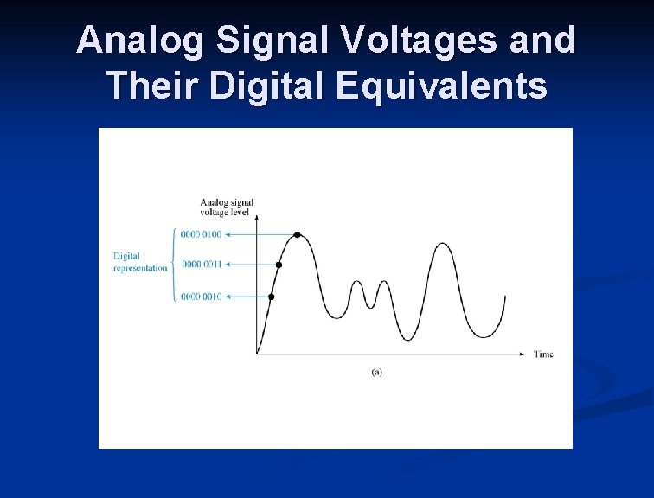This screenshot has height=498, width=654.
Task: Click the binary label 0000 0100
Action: (x=202, y=234)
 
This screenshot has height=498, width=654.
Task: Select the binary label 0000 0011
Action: (x=202, y=265)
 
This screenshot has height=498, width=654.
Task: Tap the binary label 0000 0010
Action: (x=202, y=297)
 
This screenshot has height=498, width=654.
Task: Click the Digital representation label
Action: (x=139, y=262)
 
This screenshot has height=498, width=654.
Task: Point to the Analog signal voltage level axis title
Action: (x=227, y=207)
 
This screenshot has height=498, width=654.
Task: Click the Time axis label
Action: (x=543, y=354)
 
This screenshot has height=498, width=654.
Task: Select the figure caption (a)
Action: (x=376, y=372)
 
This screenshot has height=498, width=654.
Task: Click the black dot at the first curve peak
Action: (x=298, y=234)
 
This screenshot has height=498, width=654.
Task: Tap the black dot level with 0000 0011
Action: (x=279, y=265)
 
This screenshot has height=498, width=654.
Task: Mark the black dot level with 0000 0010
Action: (x=271, y=297)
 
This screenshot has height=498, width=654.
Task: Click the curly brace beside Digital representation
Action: (x=174, y=265)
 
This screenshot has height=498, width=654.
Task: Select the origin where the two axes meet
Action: (x=257, y=354)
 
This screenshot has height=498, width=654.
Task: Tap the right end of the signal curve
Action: (x=504, y=297)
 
